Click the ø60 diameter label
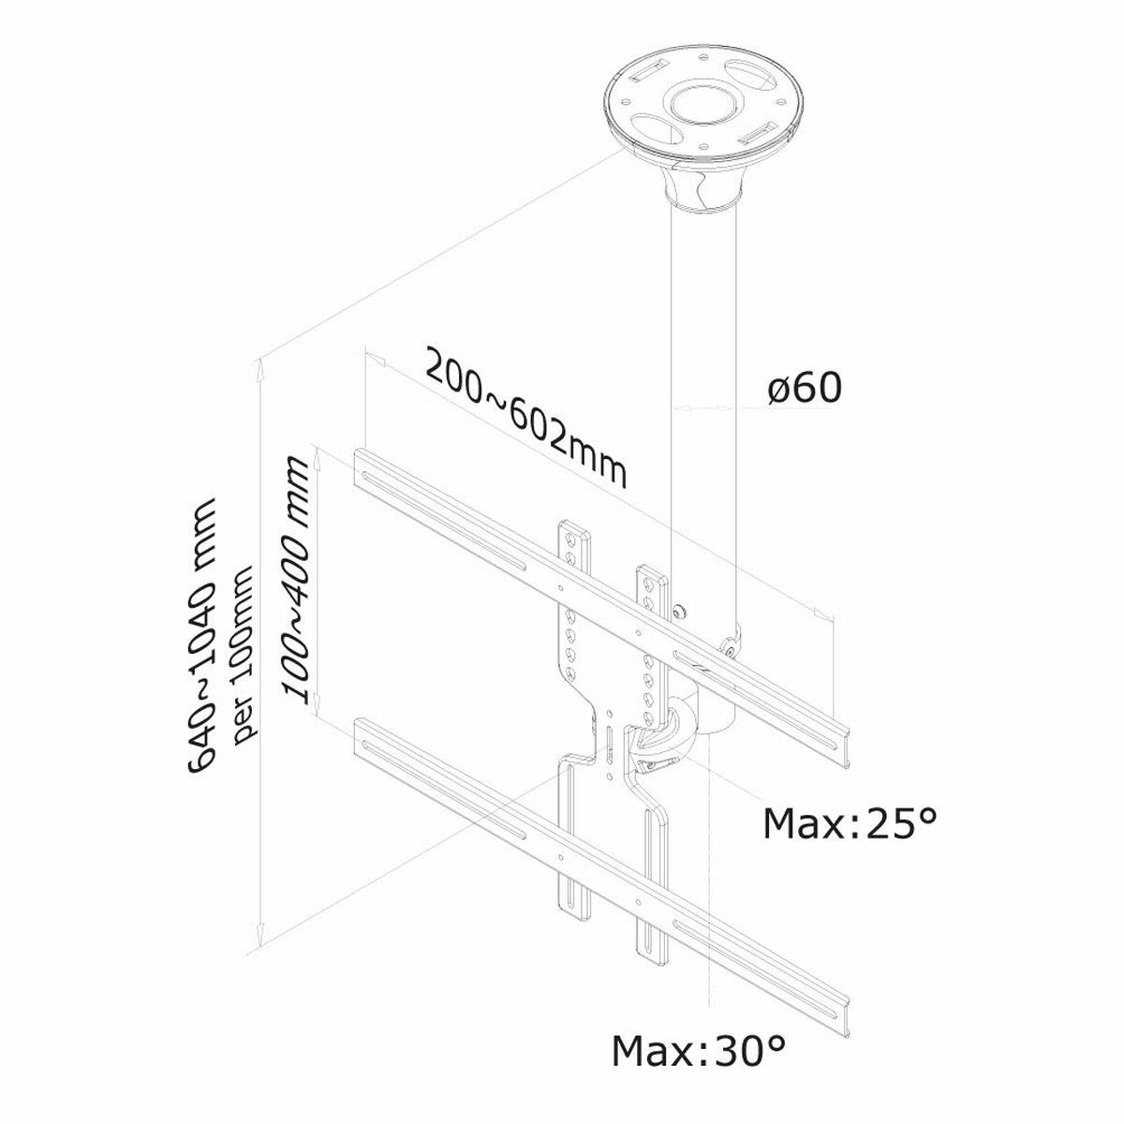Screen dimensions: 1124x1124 coord(804,388)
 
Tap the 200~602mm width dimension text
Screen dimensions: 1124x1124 coord(525,418)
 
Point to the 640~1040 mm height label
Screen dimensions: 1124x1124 coord(204,636)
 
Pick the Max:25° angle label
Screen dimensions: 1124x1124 coord(850,823)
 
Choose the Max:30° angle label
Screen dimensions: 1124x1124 coord(698,1077)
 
